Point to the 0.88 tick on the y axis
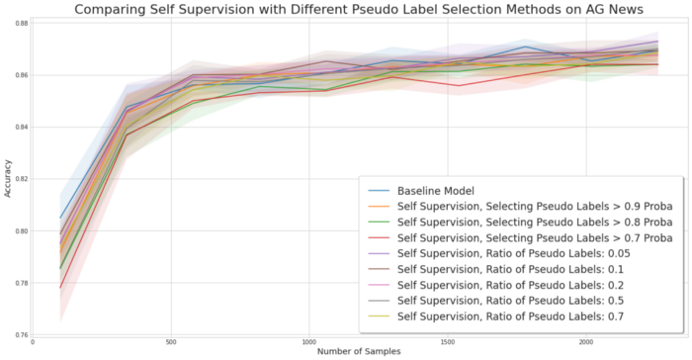click(x=21, y=23)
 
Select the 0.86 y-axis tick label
click(x=21, y=75)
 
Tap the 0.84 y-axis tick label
click(x=21, y=128)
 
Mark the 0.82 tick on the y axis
click(x=21, y=180)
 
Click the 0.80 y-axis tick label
click(x=21, y=231)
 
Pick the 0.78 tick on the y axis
click(x=21, y=284)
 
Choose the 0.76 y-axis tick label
click(x=21, y=336)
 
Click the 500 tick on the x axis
click(x=171, y=342)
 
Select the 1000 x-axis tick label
click(x=309, y=342)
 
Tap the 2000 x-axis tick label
click(x=585, y=342)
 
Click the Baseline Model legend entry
click(x=438, y=190)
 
